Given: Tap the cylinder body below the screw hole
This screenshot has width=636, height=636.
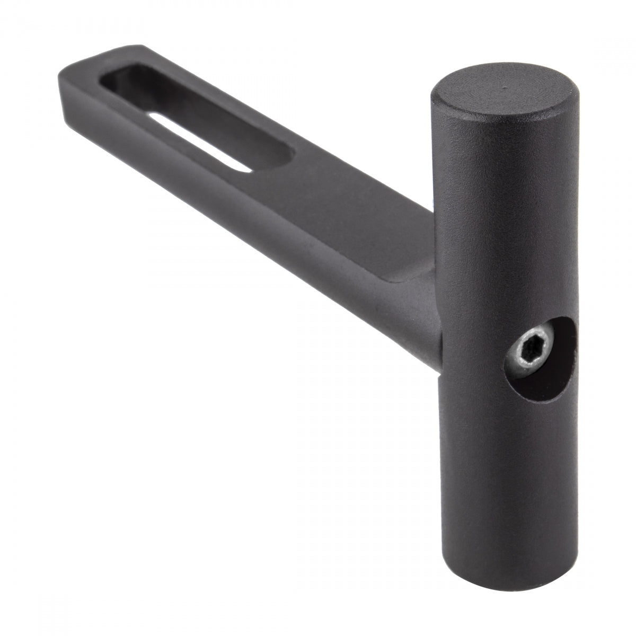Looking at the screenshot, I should coord(503,466).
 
